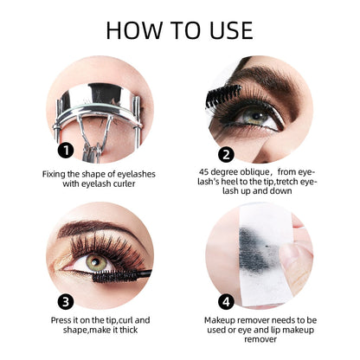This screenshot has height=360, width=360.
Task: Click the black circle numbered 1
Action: click(64, 150)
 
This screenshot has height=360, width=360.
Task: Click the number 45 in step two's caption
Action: click(206, 172)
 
